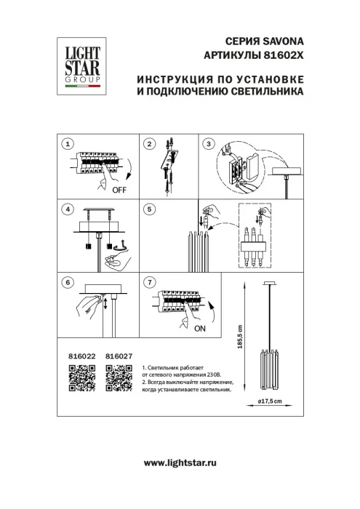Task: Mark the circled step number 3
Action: click(x=209, y=145)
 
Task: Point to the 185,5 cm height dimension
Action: click(x=249, y=337)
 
